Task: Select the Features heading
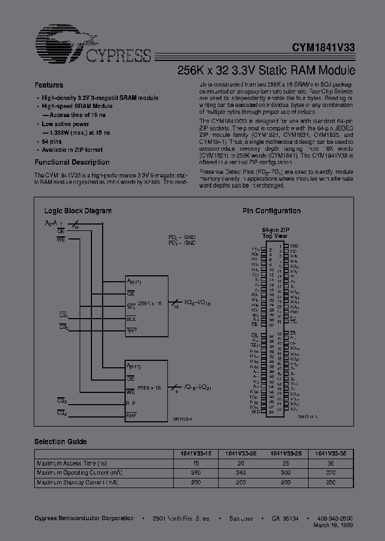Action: [49, 85]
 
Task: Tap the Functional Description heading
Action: [72, 162]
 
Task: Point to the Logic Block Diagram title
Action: [78, 211]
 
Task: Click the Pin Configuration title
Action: [272, 211]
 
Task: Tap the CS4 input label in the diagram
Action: [61, 413]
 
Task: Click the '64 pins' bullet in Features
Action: [52, 141]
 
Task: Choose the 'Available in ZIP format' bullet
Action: [72, 150]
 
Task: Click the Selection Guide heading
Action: [60, 442]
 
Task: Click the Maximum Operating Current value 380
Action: [196, 473]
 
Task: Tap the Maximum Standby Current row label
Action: [77, 482]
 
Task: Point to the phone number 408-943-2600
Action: [334, 519]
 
